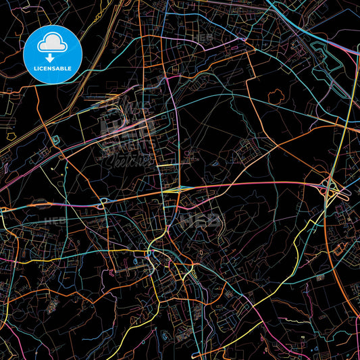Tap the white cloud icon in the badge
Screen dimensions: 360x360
pos(51,43)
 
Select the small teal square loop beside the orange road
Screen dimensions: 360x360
pos(53,140)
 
